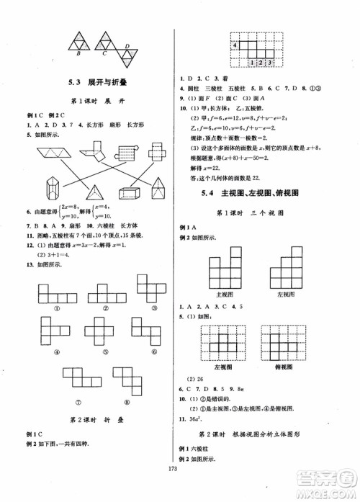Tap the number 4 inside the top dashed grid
(235, 46)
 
